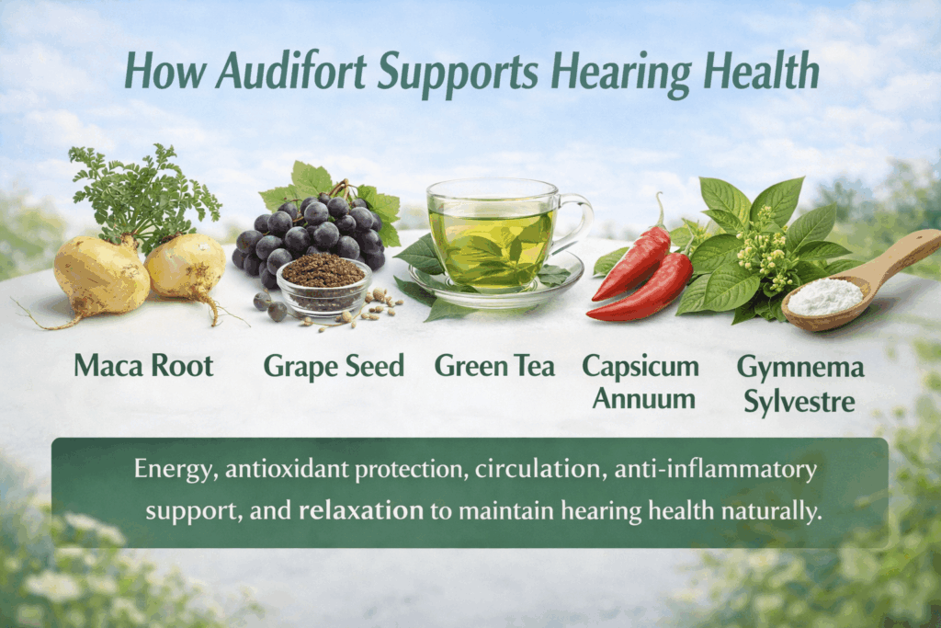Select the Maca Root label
tap(143, 366)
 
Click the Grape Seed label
tap(334, 366)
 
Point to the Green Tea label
tap(494, 366)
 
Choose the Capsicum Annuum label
tap(641, 382)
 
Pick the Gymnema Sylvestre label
tap(799, 383)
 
